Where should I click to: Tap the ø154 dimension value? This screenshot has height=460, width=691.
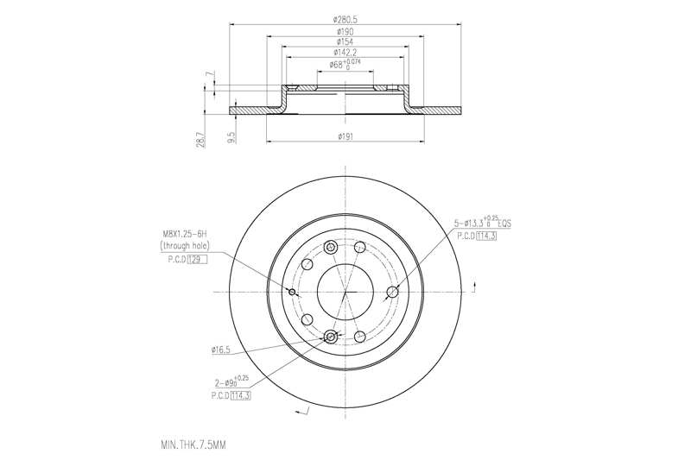[x=345, y=41]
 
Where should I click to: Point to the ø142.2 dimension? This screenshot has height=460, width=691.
[x=345, y=52]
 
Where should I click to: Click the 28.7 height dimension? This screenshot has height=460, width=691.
[x=200, y=139]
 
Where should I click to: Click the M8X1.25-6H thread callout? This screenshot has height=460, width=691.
[x=184, y=233]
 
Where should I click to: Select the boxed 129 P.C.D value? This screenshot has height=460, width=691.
[x=200, y=259]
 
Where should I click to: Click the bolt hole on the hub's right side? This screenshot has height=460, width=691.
[x=392, y=292]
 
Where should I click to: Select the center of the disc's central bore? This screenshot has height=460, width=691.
[x=345, y=292]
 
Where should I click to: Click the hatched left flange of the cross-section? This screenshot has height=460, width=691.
[x=255, y=110]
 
